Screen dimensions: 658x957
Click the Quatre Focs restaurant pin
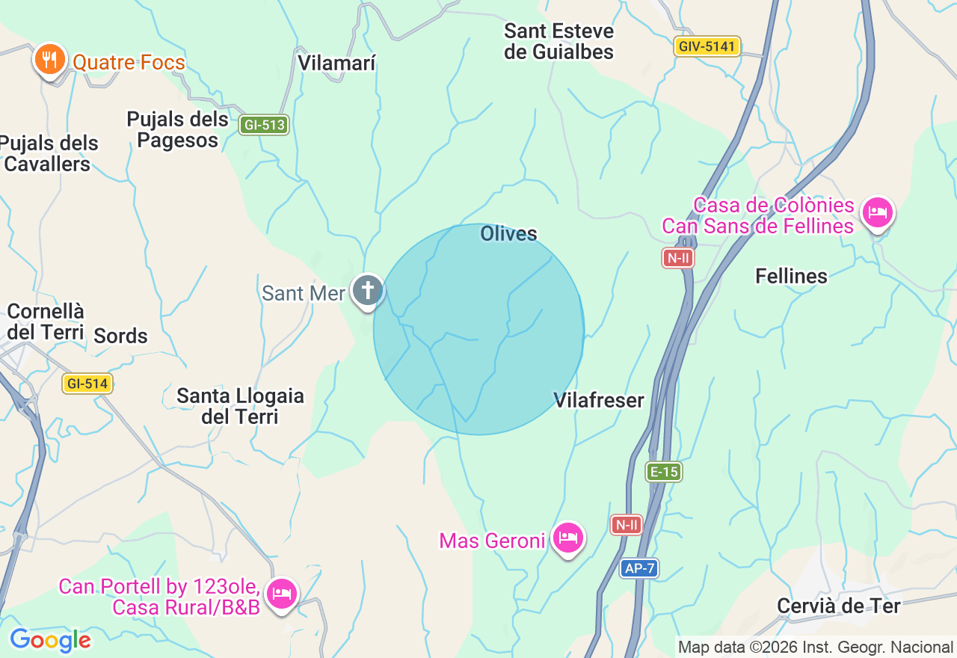coord(50,59)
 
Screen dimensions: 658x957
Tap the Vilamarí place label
coord(336,63)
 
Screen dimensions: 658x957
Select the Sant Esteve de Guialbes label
coord(558,42)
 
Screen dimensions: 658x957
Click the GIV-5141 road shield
coord(707,46)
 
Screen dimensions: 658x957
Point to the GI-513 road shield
coord(264,125)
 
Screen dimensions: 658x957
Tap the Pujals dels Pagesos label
coord(177,129)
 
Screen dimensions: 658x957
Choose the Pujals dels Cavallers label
coord(49,153)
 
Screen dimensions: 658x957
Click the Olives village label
coord(508,234)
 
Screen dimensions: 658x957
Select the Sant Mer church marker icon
coord(367,291)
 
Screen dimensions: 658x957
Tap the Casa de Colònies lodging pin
coord(877,213)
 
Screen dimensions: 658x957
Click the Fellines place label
coord(791,277)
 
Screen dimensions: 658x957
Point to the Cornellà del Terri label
coord(46,322)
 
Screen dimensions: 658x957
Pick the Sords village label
coord(120,336)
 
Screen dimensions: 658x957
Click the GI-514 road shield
coord(87,384)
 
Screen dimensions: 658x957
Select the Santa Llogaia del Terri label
coord(240,406)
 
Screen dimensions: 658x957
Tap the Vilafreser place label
coord(599,401)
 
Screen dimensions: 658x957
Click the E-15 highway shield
coord(663,472)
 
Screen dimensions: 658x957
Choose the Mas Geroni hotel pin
coord(568,537)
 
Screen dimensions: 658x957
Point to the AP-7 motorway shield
coord(639,568)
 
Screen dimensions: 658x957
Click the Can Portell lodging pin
coord(282,593)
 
